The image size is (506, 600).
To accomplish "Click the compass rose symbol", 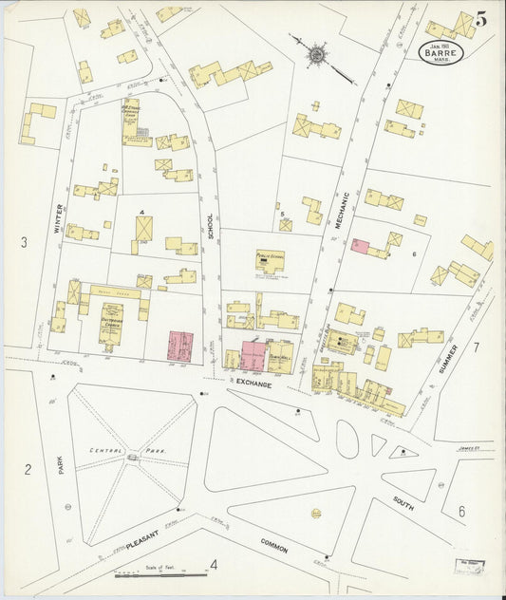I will click(x=315, y=53).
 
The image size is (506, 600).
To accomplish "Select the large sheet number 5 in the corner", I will click(x=481, y=19).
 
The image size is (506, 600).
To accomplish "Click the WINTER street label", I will click(x=58, y=217).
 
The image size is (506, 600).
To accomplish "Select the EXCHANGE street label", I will click(x=253, y=384).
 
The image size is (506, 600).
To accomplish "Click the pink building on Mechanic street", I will click(x=361, y=246).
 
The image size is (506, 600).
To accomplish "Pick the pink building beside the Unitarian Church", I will click(x=179, y=346).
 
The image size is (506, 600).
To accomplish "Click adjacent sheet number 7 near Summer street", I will click(x=477, y=347).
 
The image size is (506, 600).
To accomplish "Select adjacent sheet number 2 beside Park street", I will click(x=28, y=469).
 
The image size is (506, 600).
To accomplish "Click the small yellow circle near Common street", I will click(x=315, y=514).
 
